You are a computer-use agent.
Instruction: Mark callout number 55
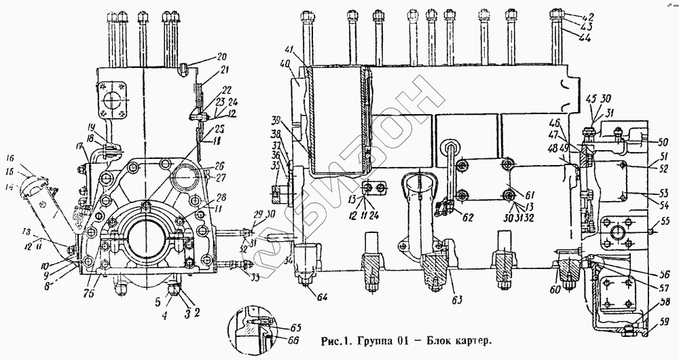[665, 221]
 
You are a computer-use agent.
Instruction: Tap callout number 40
[285, 65]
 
